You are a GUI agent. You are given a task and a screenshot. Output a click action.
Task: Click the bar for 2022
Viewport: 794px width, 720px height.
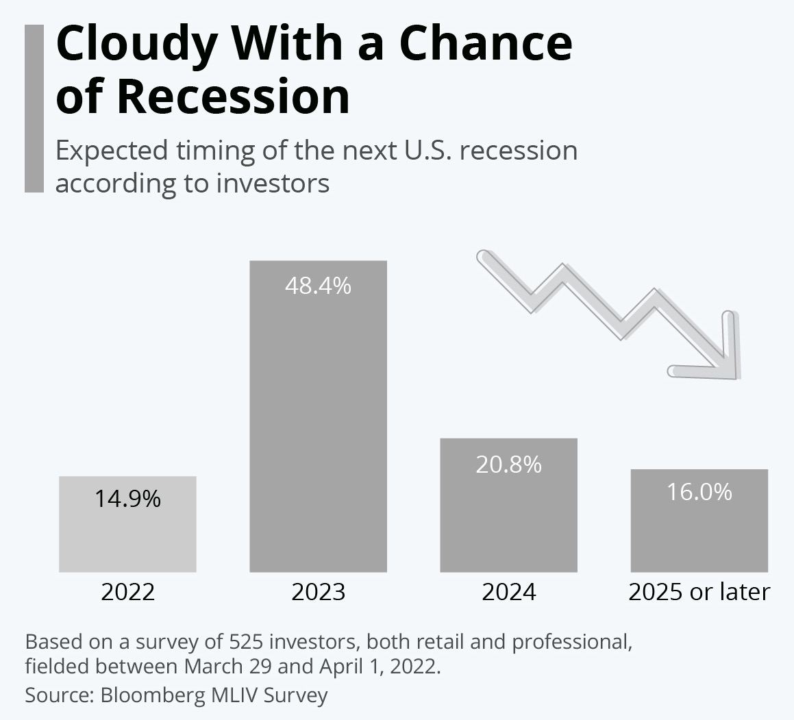pos(127,524)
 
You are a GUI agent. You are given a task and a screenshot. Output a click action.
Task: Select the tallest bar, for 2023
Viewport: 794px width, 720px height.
pos(318,417)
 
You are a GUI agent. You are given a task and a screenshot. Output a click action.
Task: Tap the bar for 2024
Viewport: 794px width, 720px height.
pos(508,505)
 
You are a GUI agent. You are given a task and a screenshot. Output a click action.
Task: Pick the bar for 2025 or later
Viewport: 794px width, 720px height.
pos(699,521)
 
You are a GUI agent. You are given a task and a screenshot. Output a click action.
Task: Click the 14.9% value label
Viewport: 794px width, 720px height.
pos(127,499)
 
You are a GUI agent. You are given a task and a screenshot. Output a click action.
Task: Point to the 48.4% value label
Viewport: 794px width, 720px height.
pos(318,286)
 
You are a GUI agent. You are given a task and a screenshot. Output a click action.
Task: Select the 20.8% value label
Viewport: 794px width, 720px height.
pos(508,464)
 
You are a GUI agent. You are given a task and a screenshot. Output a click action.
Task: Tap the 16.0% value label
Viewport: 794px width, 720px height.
pos(699,492)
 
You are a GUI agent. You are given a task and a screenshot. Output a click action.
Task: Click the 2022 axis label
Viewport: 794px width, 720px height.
pos(127,592)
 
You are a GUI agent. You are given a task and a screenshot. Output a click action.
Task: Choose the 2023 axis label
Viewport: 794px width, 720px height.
pos(318,592)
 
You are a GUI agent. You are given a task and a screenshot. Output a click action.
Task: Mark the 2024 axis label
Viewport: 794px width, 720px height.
pos(508,592)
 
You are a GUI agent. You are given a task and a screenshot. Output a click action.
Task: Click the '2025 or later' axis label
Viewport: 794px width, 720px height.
pos(699,592)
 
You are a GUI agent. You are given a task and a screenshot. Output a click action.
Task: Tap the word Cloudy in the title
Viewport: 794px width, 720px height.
pos(137,45)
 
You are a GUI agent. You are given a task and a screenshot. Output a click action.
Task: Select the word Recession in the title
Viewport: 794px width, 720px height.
pos(234,96)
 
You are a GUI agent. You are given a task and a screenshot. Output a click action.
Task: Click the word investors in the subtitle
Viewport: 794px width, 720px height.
pos(273,184)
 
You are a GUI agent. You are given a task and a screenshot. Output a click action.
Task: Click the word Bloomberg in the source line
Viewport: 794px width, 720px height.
pos(152,695)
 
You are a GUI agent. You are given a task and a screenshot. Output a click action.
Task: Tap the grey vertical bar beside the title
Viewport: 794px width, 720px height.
pos(34,108)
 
